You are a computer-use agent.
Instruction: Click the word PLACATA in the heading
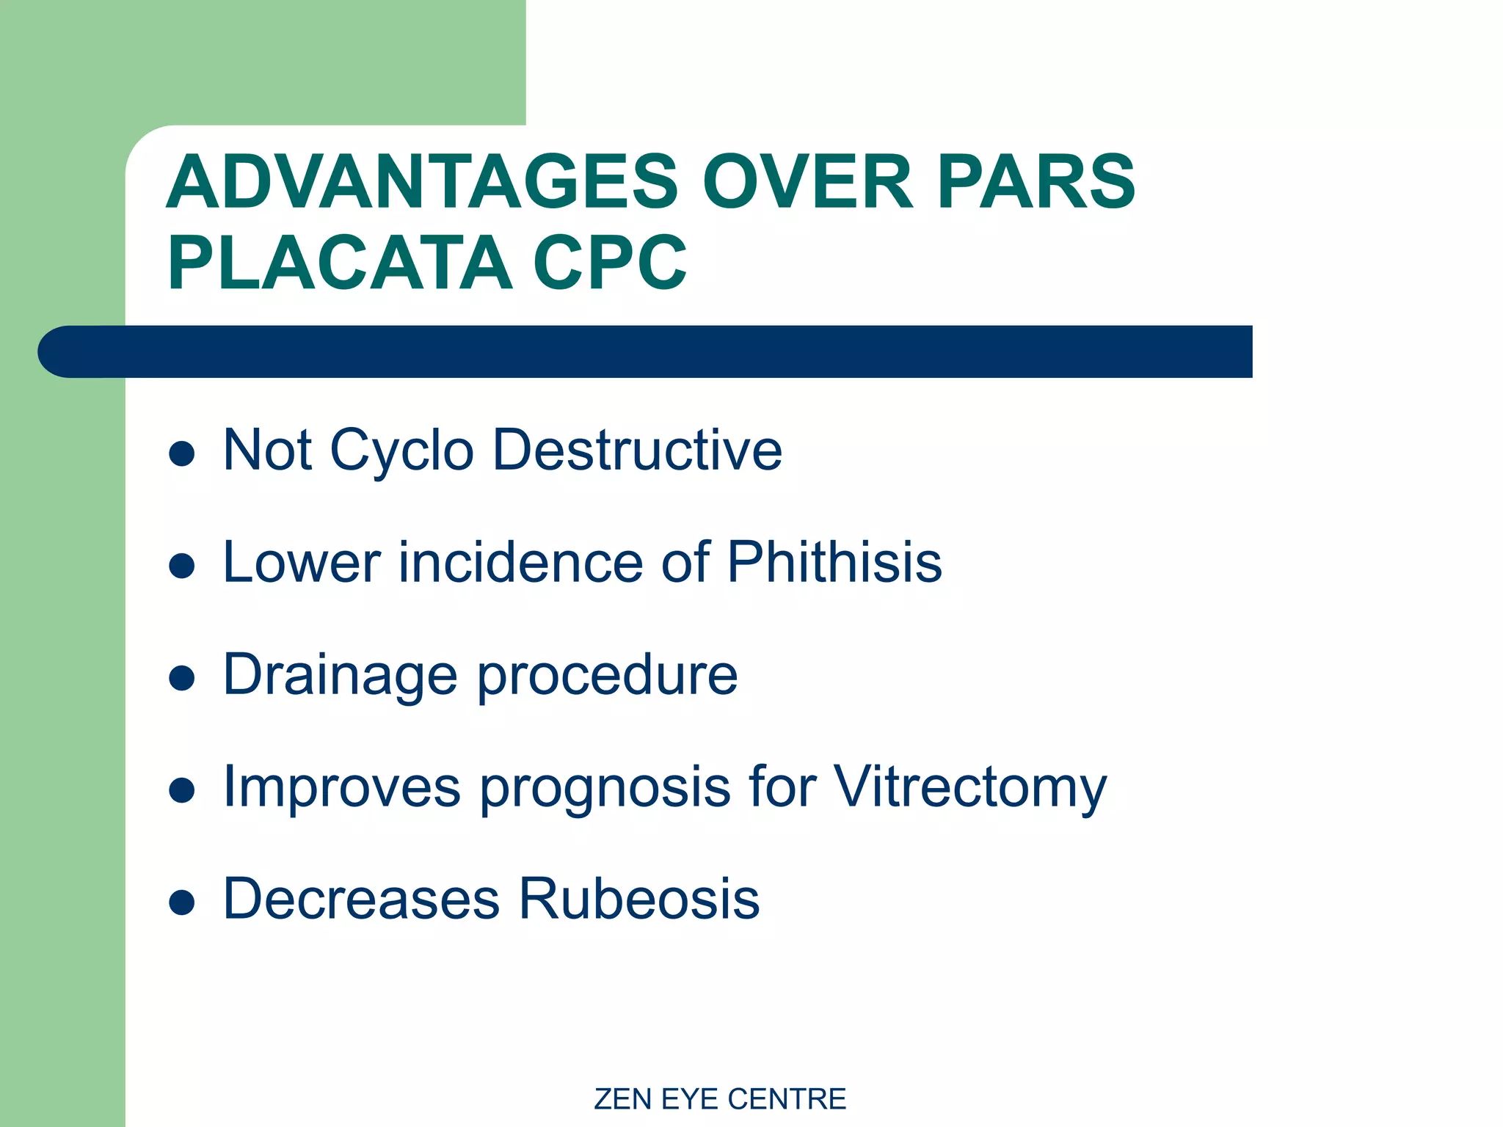(340, 263)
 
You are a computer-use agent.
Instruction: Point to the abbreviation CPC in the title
(610, 263)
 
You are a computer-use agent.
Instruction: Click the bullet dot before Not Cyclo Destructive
(181, 453)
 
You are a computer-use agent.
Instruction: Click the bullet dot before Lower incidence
(181, 566)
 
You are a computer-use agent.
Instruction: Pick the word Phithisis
(834, 562)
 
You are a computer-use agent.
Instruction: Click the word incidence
(521, 562)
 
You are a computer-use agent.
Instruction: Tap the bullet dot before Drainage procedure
(181, 678)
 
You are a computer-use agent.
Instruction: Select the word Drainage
(341, 675)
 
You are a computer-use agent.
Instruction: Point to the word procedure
(608, 675)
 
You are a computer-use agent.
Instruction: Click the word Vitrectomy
(970, 787)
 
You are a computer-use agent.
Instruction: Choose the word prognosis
(605, 787)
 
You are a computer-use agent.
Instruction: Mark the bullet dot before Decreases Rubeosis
(181, 902)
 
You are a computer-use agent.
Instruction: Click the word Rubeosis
(639, 899)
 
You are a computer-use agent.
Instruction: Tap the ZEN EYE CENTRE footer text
(720, 1099)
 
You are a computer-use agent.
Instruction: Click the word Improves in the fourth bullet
(341, 787)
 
